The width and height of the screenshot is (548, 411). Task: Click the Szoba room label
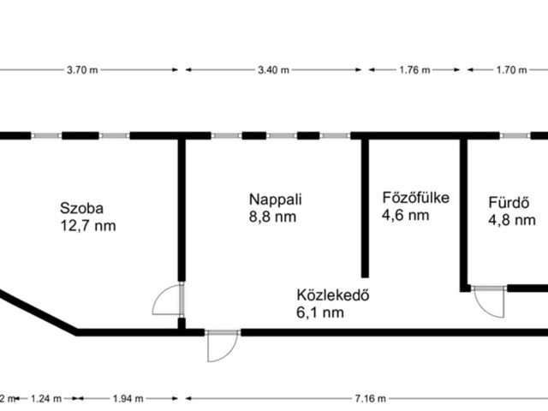click(x=82, y=208)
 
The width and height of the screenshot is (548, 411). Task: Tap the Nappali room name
click(x=276, y=200)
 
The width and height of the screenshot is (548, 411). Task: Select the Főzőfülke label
click(x=416, y=198)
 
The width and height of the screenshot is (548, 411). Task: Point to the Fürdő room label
click(x=509, y=203)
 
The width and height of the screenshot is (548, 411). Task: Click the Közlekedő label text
click(x=333, y=295)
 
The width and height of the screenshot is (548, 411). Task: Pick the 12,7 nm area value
click(x=88, y=226)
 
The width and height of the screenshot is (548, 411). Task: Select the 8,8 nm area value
click(x=272, y=217)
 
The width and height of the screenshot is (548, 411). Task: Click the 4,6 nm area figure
click(x=405, y=215)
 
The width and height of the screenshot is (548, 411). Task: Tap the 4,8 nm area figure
click(x=512, y=220)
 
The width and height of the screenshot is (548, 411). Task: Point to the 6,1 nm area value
click(x=320, y=313)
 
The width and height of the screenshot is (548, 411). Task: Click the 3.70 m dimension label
click(x=82, y=70)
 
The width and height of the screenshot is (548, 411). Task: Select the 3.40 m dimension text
click(x=274, y=70)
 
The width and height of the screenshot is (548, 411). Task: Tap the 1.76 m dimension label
click(x=414, y=70)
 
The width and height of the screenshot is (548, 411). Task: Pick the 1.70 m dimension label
click(x=512, y=70)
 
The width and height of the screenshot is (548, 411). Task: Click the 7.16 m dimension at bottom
click(x=371, y=398)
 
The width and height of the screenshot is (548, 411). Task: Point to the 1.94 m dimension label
click(x=128, y=398)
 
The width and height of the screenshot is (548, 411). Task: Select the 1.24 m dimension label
click(x=46, y=398)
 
